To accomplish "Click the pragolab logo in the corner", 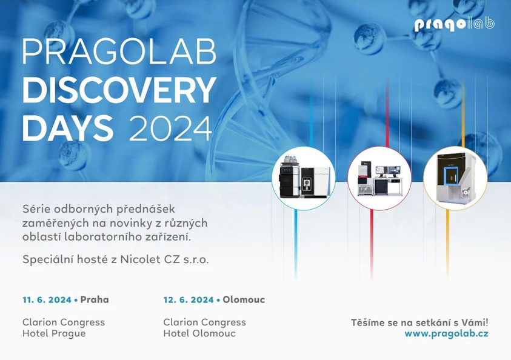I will [x=454, y=24].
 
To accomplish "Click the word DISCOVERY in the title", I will [x=119, y=90].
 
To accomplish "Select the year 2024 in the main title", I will [x=170, y=128].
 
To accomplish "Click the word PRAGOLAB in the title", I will [x=119, y=53].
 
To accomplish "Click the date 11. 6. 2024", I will [x=47, y=300].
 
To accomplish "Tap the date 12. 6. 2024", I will [x=188, y=300].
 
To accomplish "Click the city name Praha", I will [x=95, y=300].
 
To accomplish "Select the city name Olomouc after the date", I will [x=244, y=300].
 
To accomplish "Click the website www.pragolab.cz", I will [x=446, y=334].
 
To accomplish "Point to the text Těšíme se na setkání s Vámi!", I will [x=419, y=322].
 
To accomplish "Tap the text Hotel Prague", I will [x=54, y=333].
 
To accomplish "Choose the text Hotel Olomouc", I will [x=199, y=333].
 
